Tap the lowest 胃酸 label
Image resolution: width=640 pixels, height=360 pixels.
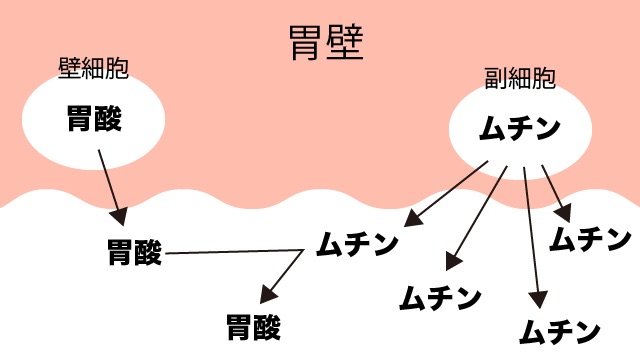coord(253,326)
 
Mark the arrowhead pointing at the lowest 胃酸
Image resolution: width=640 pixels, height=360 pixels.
coord(266,296)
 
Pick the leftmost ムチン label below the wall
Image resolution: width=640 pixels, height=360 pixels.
coord(357,243)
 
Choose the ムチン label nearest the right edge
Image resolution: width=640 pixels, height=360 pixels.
coord(591,239)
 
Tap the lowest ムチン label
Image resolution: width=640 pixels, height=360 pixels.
coord(561,331)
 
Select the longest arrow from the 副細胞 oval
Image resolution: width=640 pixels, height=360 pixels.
coord(532,240)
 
